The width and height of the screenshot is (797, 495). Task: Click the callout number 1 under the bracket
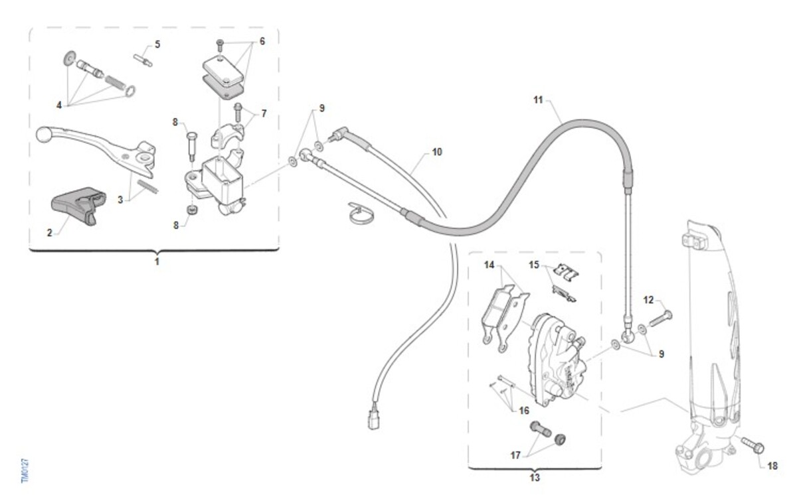pyautogui.click(x=157, y=262)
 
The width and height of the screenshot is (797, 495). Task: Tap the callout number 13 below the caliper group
pyautogui.click(x=535, y=478)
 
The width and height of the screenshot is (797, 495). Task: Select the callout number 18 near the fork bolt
pyautogui.click(x=772, y=466)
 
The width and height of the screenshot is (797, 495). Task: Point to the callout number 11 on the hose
pyautogui.click(x=538, y=100)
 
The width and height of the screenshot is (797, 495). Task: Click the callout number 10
pyautogui.click(x=437, y=152)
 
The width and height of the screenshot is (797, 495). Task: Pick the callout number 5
pyautogui.click(x=157, y=44)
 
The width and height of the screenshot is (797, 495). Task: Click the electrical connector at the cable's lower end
pyautogui.click(x=373, y=419)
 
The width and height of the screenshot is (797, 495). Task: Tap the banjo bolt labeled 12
pyautogui.click(x=661, y=318)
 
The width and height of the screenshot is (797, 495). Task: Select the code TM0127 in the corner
pyautogui.click(x=25, y=470)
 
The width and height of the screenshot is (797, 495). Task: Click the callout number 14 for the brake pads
pyautogui.click(x=489, y=265)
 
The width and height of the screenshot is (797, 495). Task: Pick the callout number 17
pyautogui.click(x=515, y=455)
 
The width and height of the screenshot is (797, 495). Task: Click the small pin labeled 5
pyautogui.click(x=143, y=60)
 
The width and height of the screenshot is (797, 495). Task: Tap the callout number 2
pyautogui.click(x=49, y=233)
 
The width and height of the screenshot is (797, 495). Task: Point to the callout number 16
pyautogui.click(x=524, y=411)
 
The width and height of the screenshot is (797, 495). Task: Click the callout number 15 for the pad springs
pyautogui.click(x=534, y=265)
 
